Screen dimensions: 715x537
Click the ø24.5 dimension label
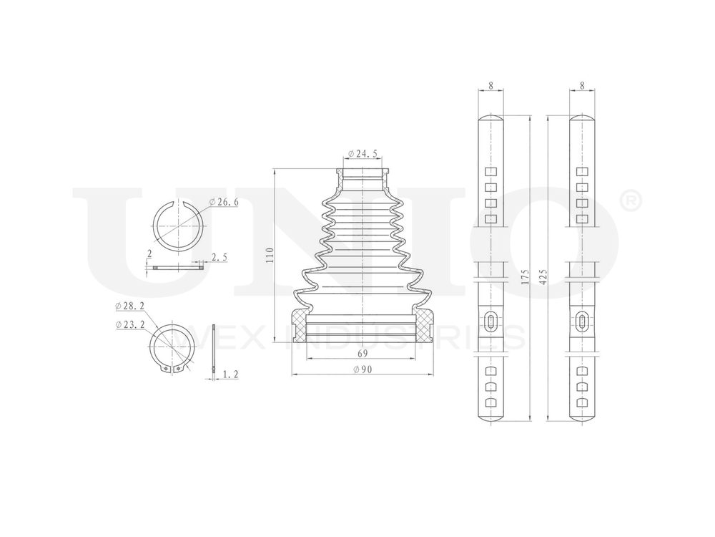[x=363, y=154]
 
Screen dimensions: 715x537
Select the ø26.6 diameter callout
[x=224, y=202]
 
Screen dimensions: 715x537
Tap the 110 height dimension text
[x=270, y=255]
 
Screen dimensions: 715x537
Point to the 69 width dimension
[x=363, y=354]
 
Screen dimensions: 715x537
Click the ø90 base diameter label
[x=363, y=369]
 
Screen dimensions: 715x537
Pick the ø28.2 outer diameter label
[x=130, y=306]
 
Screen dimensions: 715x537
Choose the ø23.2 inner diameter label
[x=130, y=324]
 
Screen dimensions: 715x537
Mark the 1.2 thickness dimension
[x=231, y=374]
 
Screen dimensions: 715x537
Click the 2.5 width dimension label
[x=219, y=258]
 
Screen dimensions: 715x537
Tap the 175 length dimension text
[x=526, y=277]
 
